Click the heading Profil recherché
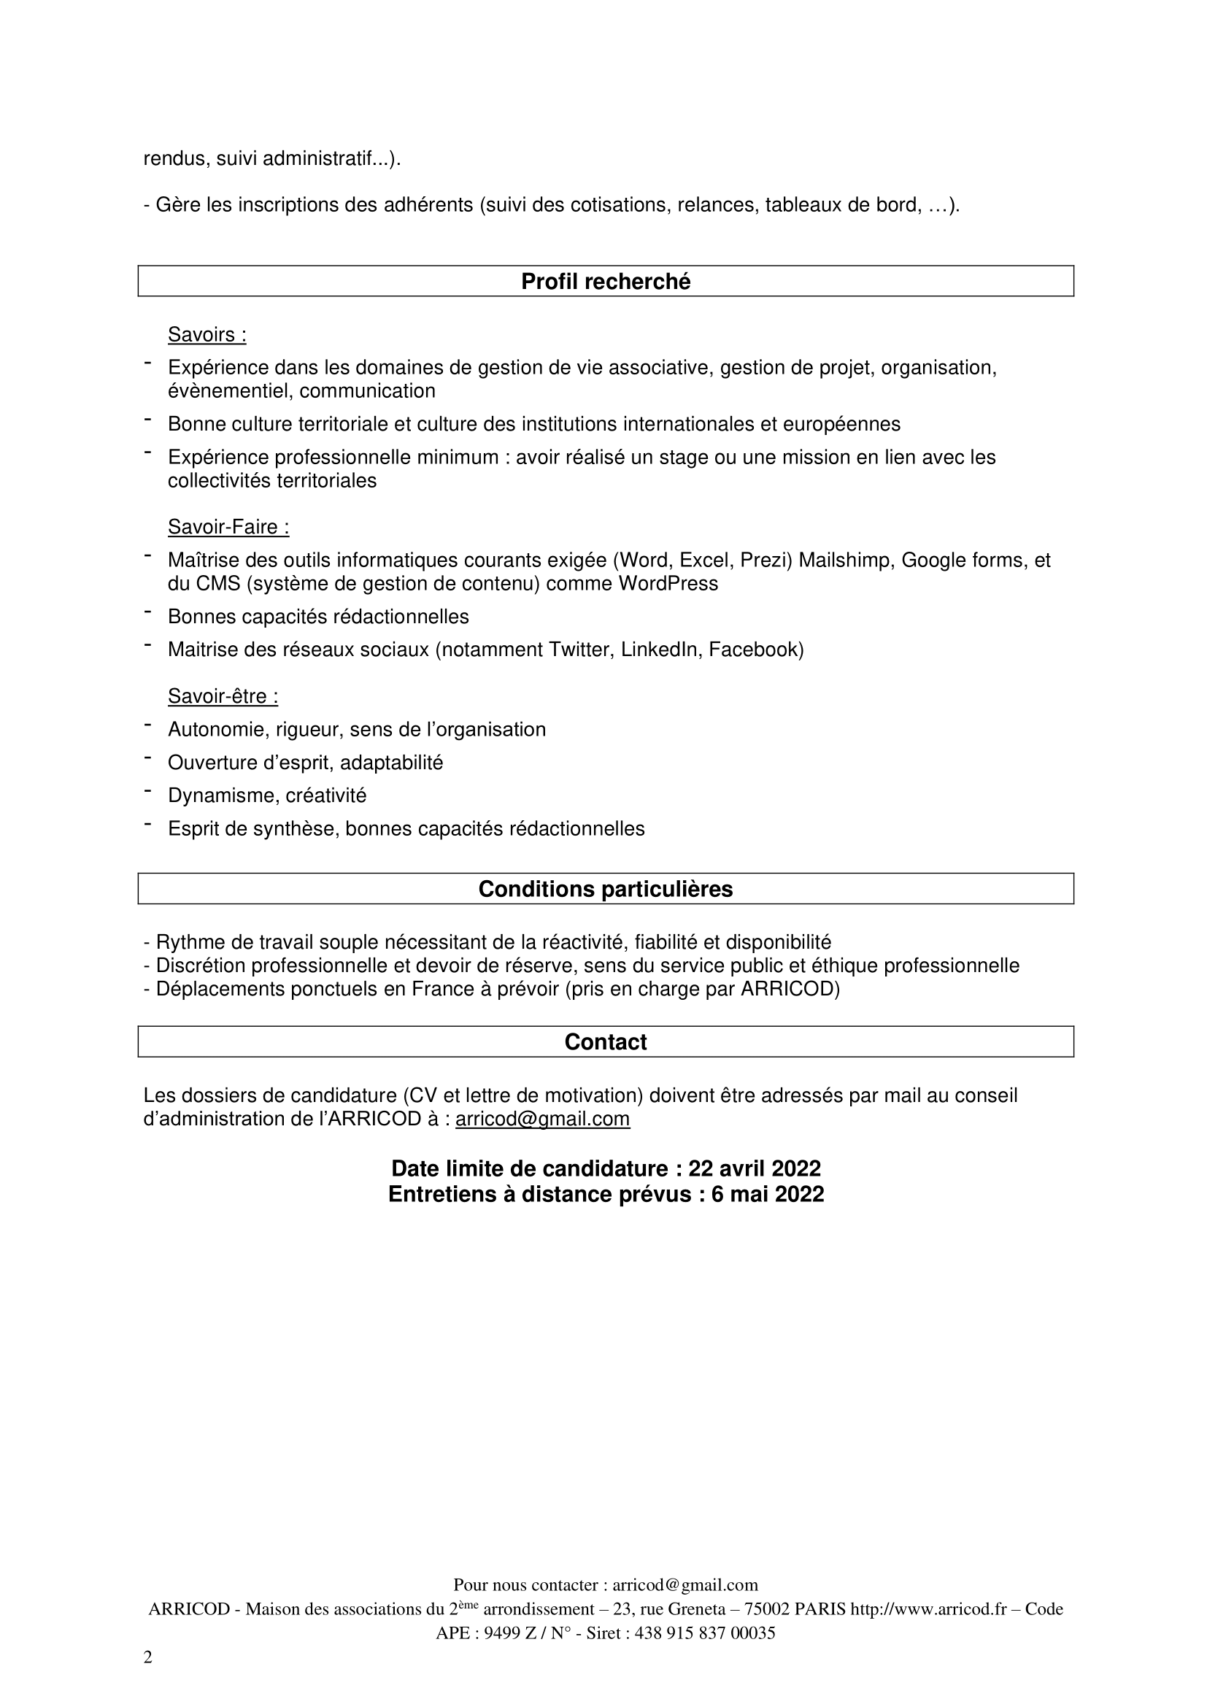tap(605, 282)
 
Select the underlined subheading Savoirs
tap(207, 335)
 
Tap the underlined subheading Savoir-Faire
tap(228, 527)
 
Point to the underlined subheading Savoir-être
tap(223, 697)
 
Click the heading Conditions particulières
tap(605, 889)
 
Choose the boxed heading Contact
tap(605, 1042)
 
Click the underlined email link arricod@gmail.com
tap(541, 1119)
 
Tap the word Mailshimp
tap(844, 560)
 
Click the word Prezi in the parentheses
tap(766, 560)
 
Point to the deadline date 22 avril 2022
tap(755, 1168)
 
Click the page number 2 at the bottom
tap(148, 1658)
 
